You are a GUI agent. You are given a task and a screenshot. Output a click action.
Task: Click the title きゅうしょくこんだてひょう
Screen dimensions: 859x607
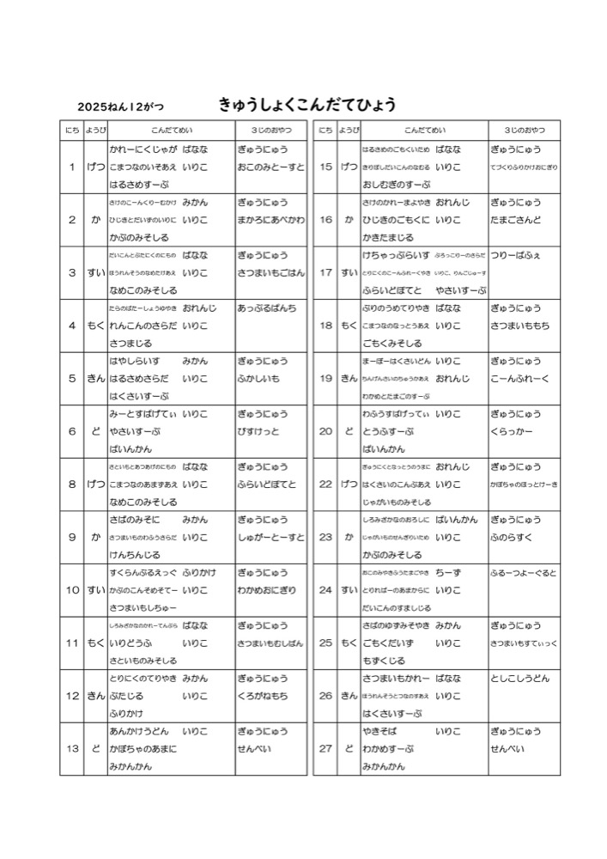click(x=307, y=105)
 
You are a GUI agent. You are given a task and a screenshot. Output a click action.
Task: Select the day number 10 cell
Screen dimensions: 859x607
click(x=72, y=590)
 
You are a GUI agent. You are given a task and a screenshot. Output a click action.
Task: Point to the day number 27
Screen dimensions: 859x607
click(x=325, y=748)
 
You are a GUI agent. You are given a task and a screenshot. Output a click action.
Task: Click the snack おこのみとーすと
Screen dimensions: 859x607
click(x=270, y=167)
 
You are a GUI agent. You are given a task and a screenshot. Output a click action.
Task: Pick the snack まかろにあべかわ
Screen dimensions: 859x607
click(x=270, y=220)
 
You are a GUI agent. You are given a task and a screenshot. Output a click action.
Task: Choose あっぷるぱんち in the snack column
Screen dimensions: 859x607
click(x=267, y=308)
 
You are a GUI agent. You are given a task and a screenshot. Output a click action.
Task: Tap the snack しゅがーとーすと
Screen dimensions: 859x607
click(x=270, y=538)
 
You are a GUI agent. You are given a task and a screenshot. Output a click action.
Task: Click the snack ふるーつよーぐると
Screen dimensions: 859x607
click(x=524, y=573)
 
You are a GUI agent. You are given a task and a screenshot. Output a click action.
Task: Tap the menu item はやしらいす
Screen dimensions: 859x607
click(x=136, y=361)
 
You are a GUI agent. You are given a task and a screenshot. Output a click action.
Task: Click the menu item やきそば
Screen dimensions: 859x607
click(x=381, y=731)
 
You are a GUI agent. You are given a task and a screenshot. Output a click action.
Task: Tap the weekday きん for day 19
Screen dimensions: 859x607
click(x=349, y=378)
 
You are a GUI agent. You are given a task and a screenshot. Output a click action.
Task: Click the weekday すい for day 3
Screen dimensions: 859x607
click(x=96, y=272)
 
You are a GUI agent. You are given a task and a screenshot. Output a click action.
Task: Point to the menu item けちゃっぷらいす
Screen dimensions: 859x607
click(x=396, y=255)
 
